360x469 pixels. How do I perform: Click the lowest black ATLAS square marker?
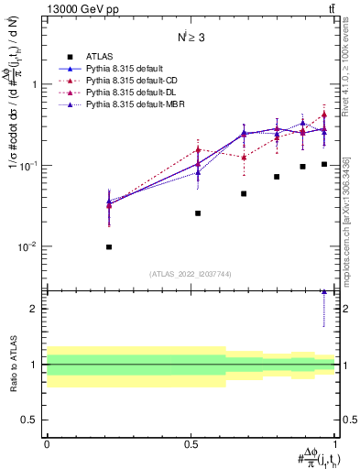click(109, 247)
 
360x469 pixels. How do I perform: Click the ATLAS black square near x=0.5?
click(198, 213)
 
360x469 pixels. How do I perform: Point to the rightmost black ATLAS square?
click(324, 164)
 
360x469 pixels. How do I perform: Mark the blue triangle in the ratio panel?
click(324, 292)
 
